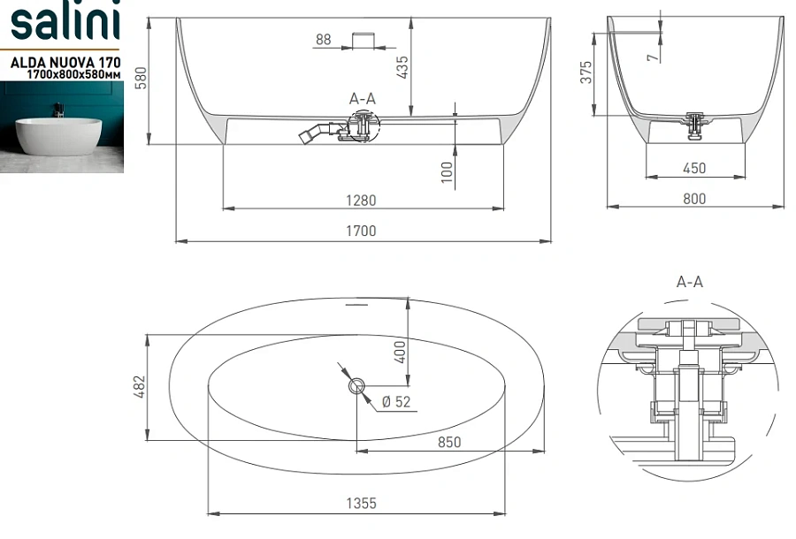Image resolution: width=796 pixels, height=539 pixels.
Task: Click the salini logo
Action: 65,20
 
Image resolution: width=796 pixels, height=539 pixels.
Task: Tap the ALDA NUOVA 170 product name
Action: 65,63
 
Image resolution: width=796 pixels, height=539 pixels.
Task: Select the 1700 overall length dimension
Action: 361,232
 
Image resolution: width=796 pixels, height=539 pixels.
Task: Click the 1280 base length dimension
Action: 361,201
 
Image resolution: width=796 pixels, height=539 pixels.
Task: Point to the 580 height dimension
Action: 142,78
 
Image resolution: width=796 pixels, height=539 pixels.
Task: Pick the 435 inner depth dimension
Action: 401,67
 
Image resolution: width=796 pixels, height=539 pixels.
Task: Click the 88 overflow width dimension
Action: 324,39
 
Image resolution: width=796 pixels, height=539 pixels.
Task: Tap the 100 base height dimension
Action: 447,172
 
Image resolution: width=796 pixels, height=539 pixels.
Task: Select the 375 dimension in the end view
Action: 586,72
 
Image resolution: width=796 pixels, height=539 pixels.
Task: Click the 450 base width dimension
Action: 694,168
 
